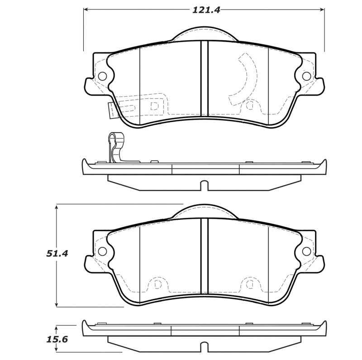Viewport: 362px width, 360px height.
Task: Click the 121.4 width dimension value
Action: [x=206, y=9]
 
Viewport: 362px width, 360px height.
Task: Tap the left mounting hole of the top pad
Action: [x=102, y=76]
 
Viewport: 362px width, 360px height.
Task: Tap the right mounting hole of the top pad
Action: [x=306, y=76]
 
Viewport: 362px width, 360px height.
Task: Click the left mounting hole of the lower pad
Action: [x=102, y=251]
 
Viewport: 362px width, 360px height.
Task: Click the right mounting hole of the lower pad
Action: [x=306, y=251]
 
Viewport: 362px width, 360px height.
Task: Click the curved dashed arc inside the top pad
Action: [x=244, y=77]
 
